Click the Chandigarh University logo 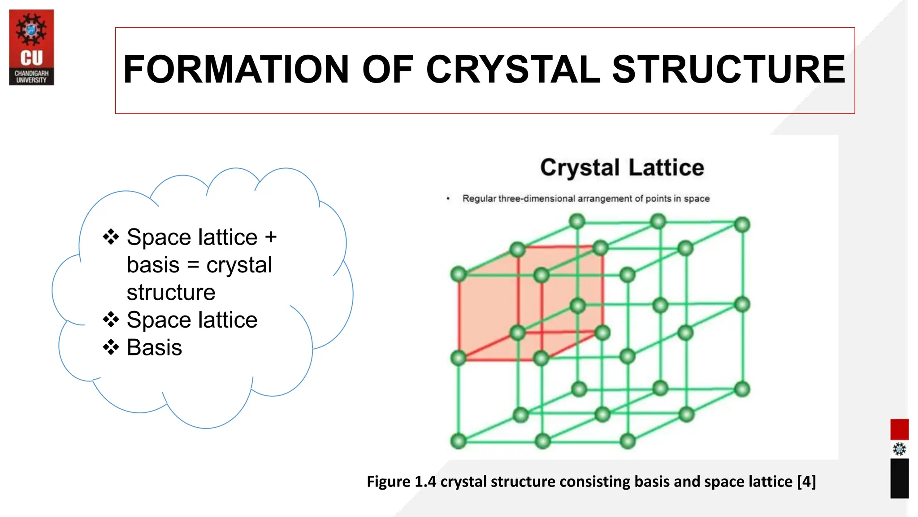click(31, 47)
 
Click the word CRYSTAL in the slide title click(513, 70)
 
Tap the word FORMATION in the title click(236, 70)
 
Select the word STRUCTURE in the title click(728, 70)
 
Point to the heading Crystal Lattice click(622, 167)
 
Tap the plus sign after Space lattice click(271, 237)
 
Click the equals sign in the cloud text click(193, 265)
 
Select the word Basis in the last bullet click(154, 347)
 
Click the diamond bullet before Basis click(111, 347)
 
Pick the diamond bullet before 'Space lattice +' click(111, 237)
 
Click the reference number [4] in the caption click(806, 482)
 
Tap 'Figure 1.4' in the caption click(401, 482)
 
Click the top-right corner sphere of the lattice click(742, 224)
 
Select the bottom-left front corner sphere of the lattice click(459, 441)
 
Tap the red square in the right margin click(899, 429)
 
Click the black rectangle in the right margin click(899, 478)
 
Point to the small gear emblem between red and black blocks click(899, 449)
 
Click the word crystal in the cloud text click(239, 265)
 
